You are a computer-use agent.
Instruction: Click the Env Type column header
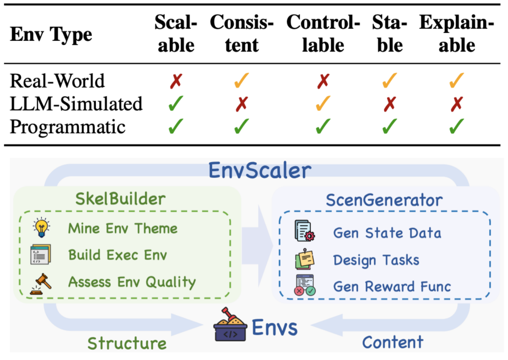pos(51,35)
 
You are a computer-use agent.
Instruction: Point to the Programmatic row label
pos(68,126)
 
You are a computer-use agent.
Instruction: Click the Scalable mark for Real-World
pos(176,81)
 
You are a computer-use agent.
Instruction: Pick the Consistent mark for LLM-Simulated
pos(241,104)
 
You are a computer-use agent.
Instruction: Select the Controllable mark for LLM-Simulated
pos(323,104)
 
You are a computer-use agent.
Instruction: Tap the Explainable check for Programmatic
pos(456,126)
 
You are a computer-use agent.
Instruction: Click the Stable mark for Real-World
pos(389,81)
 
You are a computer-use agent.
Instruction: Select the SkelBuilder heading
pos(120,199)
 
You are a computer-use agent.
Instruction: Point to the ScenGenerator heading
pos(384,200)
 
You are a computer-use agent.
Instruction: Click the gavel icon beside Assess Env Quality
pos(41,282)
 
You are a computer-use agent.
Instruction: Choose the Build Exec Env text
pos(118,255)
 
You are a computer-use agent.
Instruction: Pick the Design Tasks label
pos(376,260)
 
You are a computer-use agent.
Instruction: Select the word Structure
pos(127,343)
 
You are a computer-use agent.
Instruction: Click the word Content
pos(393,342)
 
